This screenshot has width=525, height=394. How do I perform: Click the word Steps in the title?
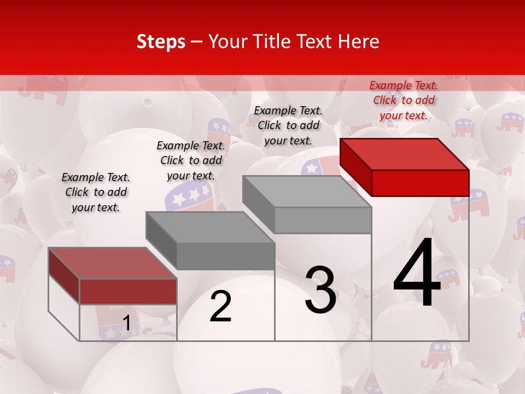[161, 42]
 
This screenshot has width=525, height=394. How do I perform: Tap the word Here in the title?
[359, 42]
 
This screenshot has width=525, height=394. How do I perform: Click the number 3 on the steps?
[320, 290]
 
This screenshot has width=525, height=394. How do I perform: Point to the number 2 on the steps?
[220, 306]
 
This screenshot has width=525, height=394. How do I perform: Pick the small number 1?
[126, 323]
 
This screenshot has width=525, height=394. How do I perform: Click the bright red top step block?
[405, 166]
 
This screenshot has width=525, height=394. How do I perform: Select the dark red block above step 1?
[113, 276]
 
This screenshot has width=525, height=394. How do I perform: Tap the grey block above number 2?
[210, 241]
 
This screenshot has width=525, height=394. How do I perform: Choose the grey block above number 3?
[307, 204]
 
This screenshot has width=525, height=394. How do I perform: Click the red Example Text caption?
[404, 100]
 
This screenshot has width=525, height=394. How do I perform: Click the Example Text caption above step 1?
[96, 192]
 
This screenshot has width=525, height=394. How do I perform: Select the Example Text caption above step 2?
[191, 160]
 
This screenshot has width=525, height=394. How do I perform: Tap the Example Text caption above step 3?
[288, 125]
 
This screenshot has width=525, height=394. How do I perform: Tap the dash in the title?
[196, 42]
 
